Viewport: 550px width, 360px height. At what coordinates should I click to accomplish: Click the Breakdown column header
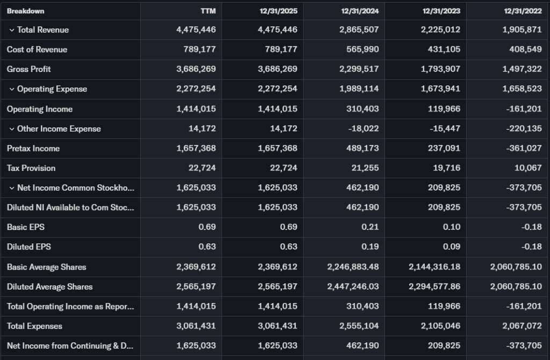tap(25, 11)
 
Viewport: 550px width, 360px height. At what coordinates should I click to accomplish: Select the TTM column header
tap(208, 11)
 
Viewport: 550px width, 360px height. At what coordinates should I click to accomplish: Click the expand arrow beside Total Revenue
tap(12, 30)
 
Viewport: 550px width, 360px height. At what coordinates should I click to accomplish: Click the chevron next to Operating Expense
tap(12, 89)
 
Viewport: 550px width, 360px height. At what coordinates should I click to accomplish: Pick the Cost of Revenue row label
tap(37, 49)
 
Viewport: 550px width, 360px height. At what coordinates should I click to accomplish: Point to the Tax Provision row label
tap(31, 168)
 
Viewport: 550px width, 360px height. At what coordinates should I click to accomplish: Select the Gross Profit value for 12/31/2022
tap(522, 69)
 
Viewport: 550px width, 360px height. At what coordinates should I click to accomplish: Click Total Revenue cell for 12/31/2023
tap(440, 30)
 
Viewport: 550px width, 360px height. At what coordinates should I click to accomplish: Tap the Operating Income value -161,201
tap(524, 109)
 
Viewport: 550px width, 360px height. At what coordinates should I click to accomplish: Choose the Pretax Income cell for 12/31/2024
tap(364, 148)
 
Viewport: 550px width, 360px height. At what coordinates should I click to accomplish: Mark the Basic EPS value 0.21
tap(370, 227)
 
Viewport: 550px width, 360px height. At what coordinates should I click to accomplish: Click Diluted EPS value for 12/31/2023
tap(452, 247)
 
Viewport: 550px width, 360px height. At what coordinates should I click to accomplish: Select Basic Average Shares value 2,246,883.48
tap(353, 267)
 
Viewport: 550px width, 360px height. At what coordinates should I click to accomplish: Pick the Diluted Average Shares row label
tap(49, 287)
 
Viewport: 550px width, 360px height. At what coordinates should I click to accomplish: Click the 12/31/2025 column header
tap(278, 11)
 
